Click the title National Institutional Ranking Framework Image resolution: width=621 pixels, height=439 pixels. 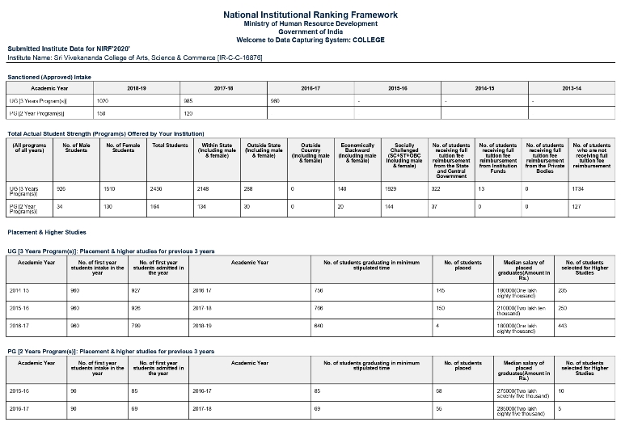tap(310, 15)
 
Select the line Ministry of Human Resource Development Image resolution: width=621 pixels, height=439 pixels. tap(310, 24)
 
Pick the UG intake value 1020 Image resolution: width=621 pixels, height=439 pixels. tap(103, 101)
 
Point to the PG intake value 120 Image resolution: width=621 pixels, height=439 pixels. tap(188, 114)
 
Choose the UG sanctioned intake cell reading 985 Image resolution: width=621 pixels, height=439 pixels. tap(188, 101)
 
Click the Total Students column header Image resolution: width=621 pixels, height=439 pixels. tap(170, 146)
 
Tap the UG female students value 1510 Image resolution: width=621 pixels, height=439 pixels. tap(110, 188)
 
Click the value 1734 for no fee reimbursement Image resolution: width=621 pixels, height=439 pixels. tap(577, 188)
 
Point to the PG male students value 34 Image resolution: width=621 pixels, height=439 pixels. tap(59, 206)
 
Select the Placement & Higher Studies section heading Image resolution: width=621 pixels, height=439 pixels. tap(47, 232)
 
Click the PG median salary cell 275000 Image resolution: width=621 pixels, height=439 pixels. tap(522, 391)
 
